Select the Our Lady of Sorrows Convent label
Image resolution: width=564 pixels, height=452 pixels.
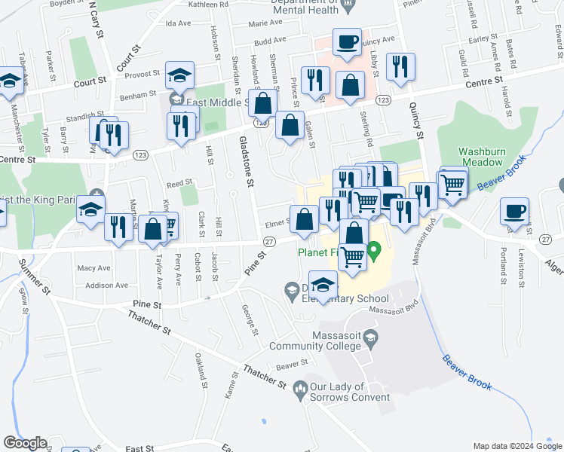tap(350, 392)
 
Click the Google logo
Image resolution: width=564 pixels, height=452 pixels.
tap(24, 443)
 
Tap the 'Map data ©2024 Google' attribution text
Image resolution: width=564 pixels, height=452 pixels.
tap(516, 446)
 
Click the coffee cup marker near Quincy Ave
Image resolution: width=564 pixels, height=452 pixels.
tap(346, 42)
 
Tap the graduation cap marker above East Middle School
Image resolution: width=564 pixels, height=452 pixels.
tap(180, 75)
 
